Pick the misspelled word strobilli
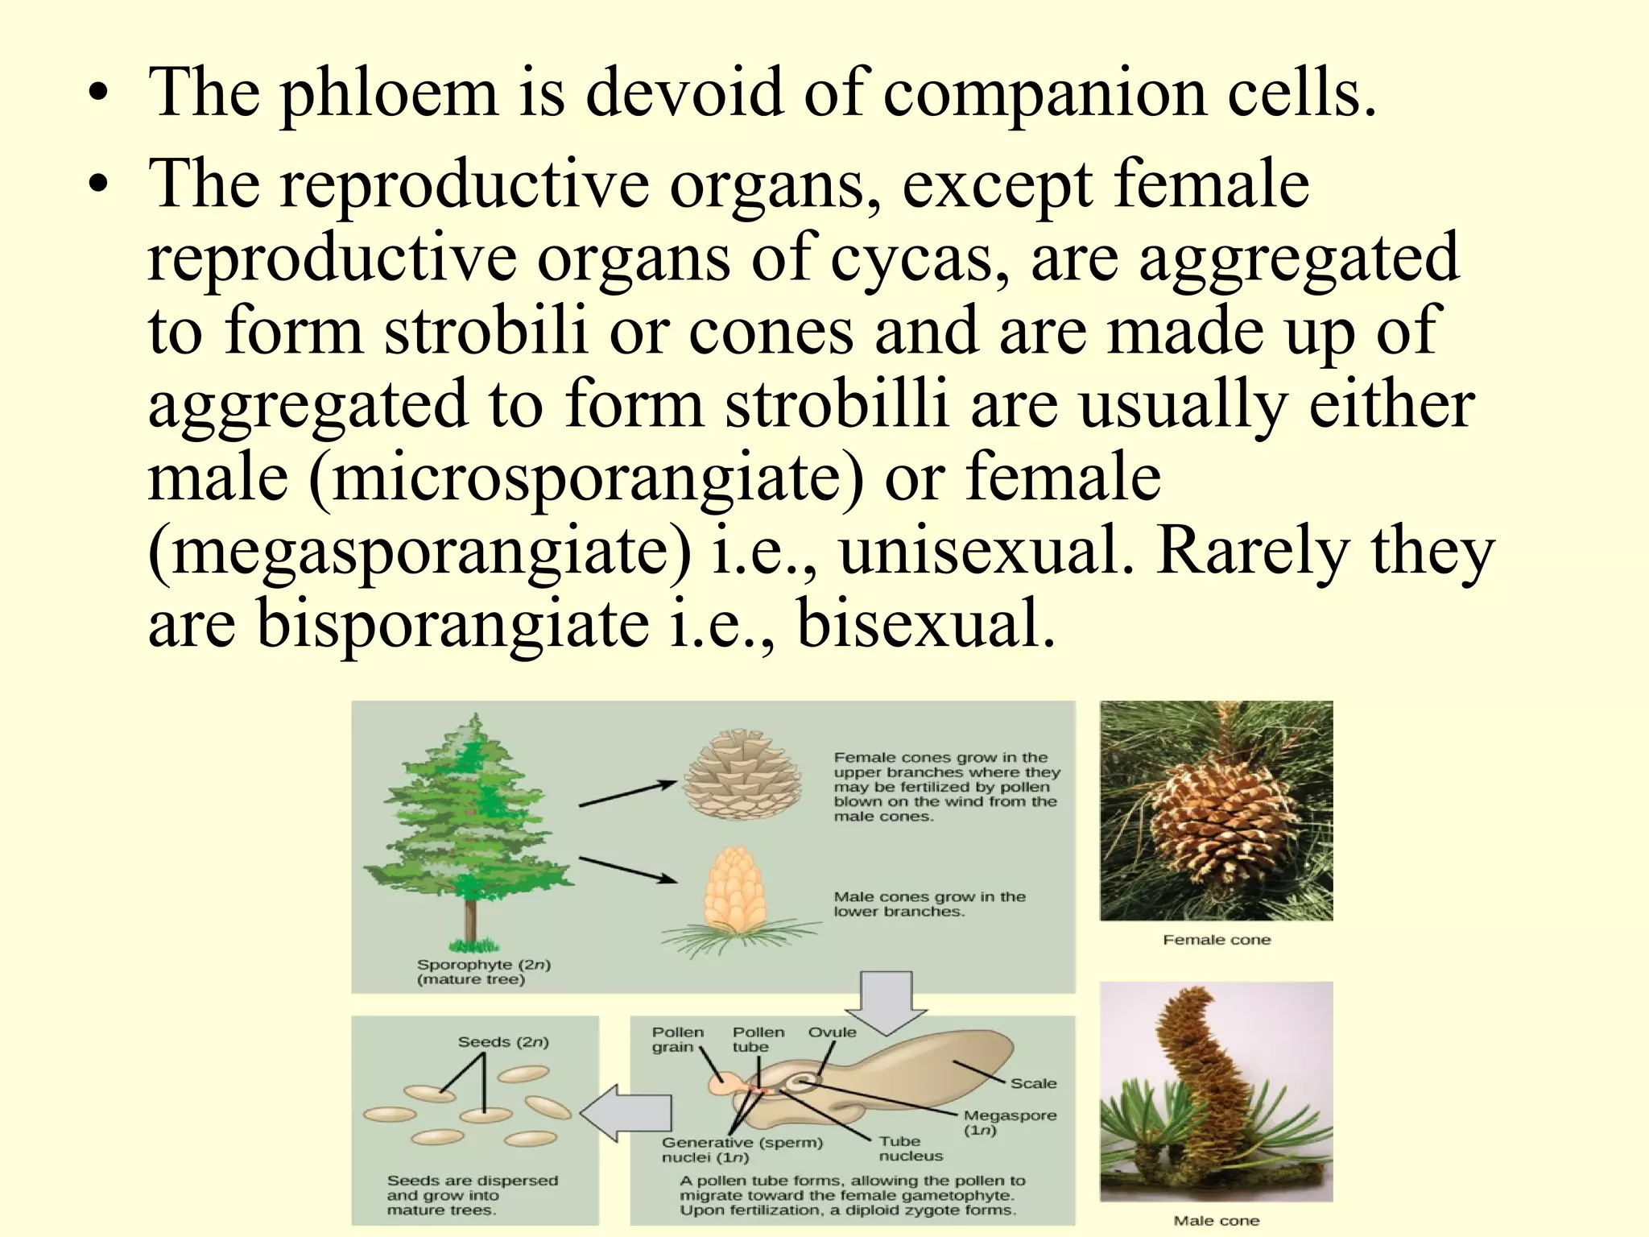click(x=837, y=405)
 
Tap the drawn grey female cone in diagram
click(x=742, y=775)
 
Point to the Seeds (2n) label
click(x=502, y=1041)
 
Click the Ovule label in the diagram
click(x=832, y=1032)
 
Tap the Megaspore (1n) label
click(x=1010, y=1122)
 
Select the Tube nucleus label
click(x=910, y=1148)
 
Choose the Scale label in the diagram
click(x=1033, y=1083)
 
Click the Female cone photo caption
click(x=1216, y=939)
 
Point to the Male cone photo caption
click(x=1216, y=1220)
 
